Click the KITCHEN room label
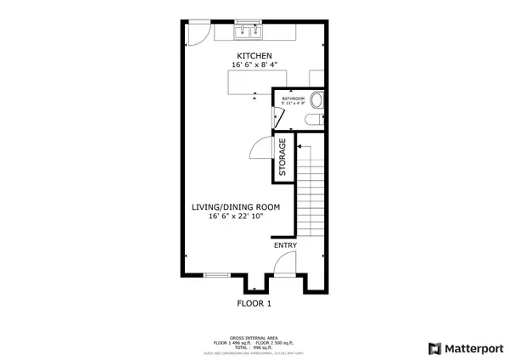254,56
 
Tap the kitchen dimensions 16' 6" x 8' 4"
254,65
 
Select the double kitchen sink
249,33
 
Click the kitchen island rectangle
249,82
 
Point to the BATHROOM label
294,99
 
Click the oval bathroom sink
317,100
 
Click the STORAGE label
282,158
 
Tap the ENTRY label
285,245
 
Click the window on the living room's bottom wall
217,275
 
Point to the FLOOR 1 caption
254,302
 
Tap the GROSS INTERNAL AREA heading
254,337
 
